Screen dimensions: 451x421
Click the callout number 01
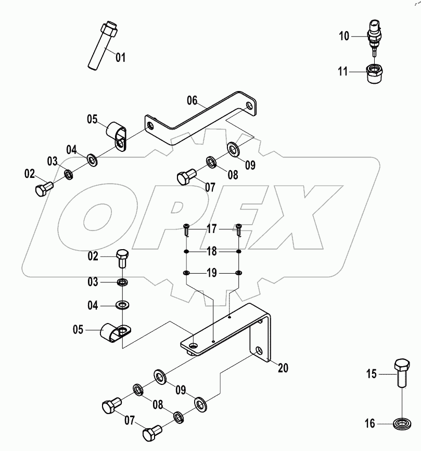(120, 57)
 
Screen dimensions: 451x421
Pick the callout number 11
(342, 72)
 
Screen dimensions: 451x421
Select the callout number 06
(192, 100)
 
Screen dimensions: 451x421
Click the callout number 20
(283, 368)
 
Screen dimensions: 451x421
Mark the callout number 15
(371, 373)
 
